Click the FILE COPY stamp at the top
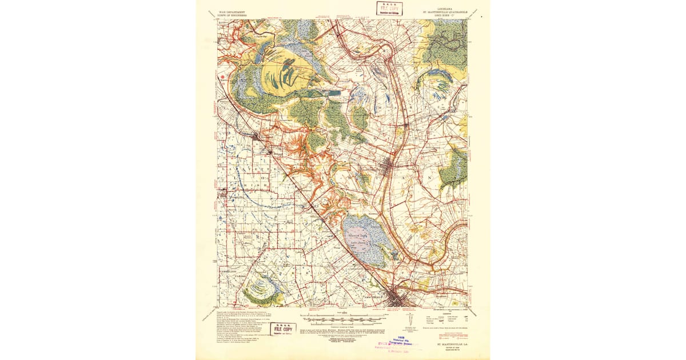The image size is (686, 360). tap(389, 8)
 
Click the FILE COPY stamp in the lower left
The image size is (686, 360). tap(282, 330)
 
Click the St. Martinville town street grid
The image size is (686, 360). tap(389, 170)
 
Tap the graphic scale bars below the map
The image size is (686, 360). tap(342, 318)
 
